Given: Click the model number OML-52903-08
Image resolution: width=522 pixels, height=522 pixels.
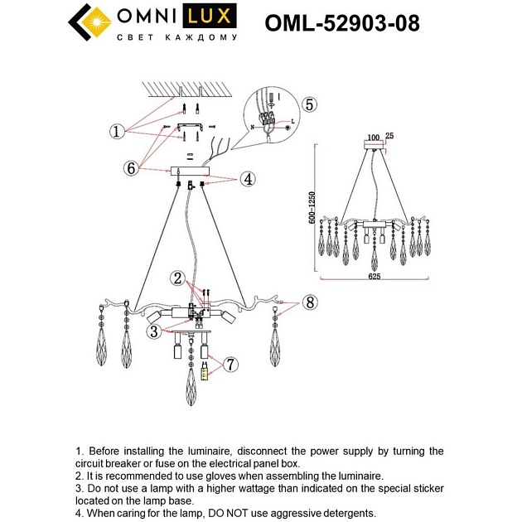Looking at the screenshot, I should click(x=341, y=23).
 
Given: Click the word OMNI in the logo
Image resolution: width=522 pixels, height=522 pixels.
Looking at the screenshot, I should click(x=150, y=17).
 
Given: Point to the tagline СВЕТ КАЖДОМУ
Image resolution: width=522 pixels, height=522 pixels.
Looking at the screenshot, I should click(x=176, y=38).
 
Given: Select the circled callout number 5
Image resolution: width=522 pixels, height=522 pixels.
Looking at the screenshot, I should click(x=308, y=104).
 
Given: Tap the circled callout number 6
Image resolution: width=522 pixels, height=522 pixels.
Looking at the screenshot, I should click(x=130, y=167).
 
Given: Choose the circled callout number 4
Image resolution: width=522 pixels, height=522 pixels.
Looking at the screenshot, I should click(x=247, y=178).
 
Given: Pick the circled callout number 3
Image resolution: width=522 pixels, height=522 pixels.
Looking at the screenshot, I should click(x=153, y=331).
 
